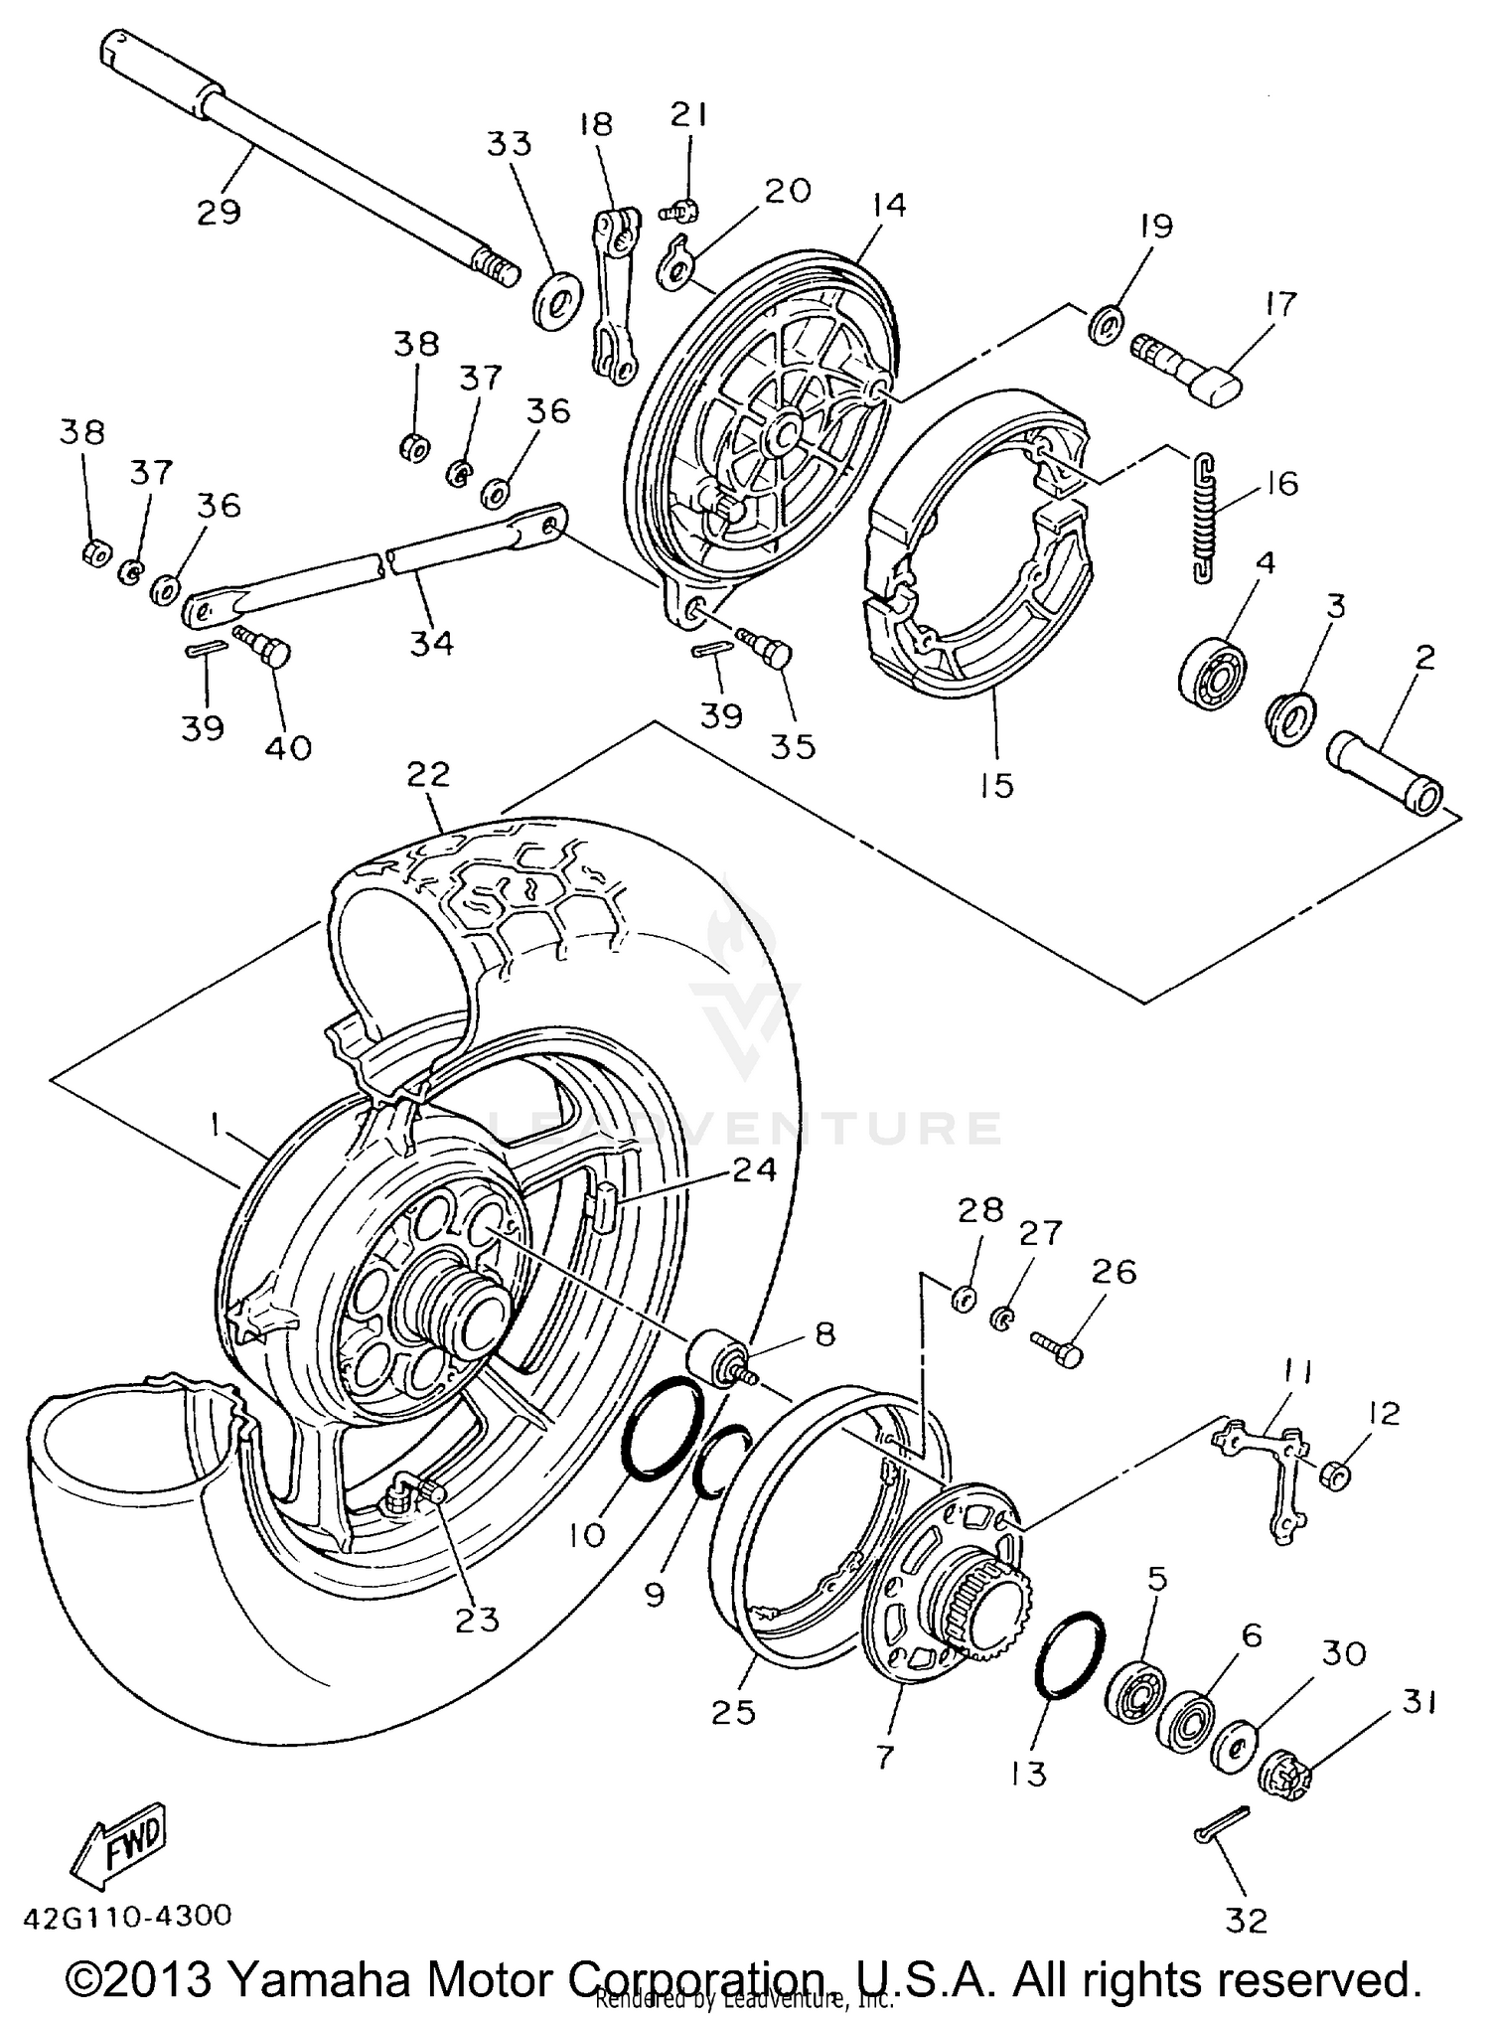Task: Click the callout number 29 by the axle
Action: [x=219, y=212]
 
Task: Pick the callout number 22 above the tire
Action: [x=428, y=774]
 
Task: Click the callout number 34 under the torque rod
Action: [x=431, y=643]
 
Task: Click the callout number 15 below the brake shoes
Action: [x=995, y=785]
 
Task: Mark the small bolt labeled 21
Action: [x=680, y=210]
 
